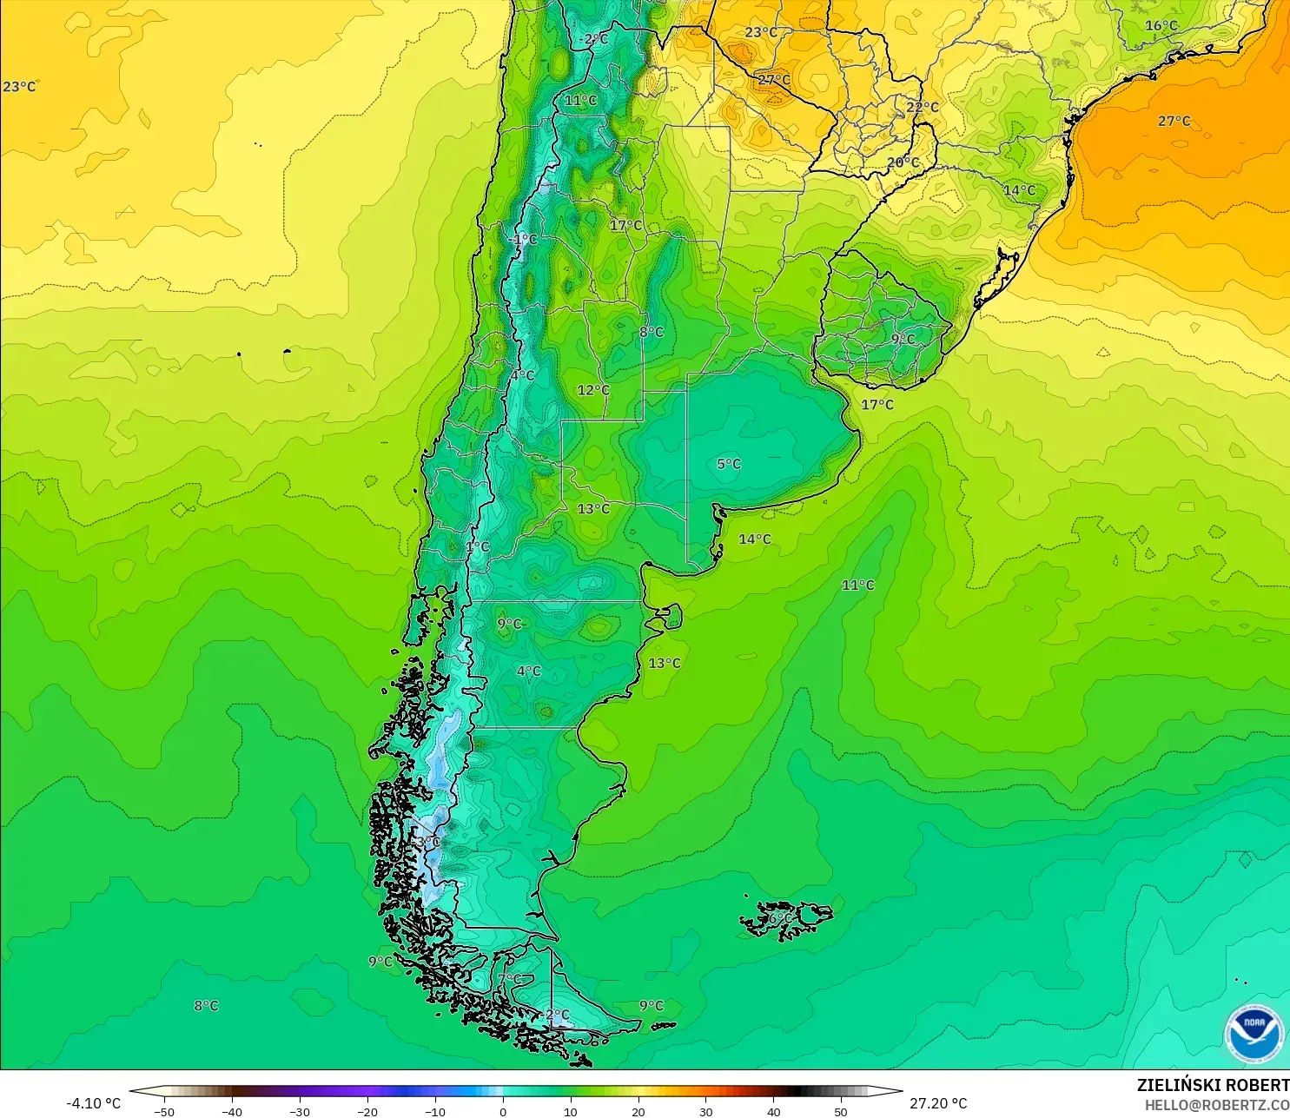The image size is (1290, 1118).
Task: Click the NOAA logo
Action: [x=1254, y=1034]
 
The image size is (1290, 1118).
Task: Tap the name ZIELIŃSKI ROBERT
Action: [x=1213, y=1085]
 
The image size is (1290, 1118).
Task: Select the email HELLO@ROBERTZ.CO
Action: [x=1216, y=1105]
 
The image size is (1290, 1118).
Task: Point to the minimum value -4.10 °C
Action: [x=93, y=1103]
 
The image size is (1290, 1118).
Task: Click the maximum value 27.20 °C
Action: [x=938, y=1103]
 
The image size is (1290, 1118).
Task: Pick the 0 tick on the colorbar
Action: [x=502, y=1111]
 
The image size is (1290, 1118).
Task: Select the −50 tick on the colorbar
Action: [x=163, y=1111]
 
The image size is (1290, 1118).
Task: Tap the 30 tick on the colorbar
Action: [x=705, y=1111]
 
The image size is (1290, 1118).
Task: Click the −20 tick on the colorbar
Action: [x=367, y=1111]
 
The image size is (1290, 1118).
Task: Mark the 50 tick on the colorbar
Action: [x=841, y=1111]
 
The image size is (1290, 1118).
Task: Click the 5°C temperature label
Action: [x=729, y=464]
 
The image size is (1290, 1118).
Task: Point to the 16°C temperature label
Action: [x=1161, y=26]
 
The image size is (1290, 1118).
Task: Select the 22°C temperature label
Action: [x=923, y=107]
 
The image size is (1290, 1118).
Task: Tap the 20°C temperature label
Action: [x=903, y=162]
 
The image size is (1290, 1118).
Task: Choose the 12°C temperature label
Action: [x=593, y=390]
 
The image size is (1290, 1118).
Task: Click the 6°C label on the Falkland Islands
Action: [x=780, y=918]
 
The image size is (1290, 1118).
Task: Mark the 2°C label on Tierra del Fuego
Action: [x=557, y=1015]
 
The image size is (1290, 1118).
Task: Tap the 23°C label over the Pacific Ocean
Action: [x=19, y=87]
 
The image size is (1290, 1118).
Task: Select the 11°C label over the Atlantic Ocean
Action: [x=857, y=585]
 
